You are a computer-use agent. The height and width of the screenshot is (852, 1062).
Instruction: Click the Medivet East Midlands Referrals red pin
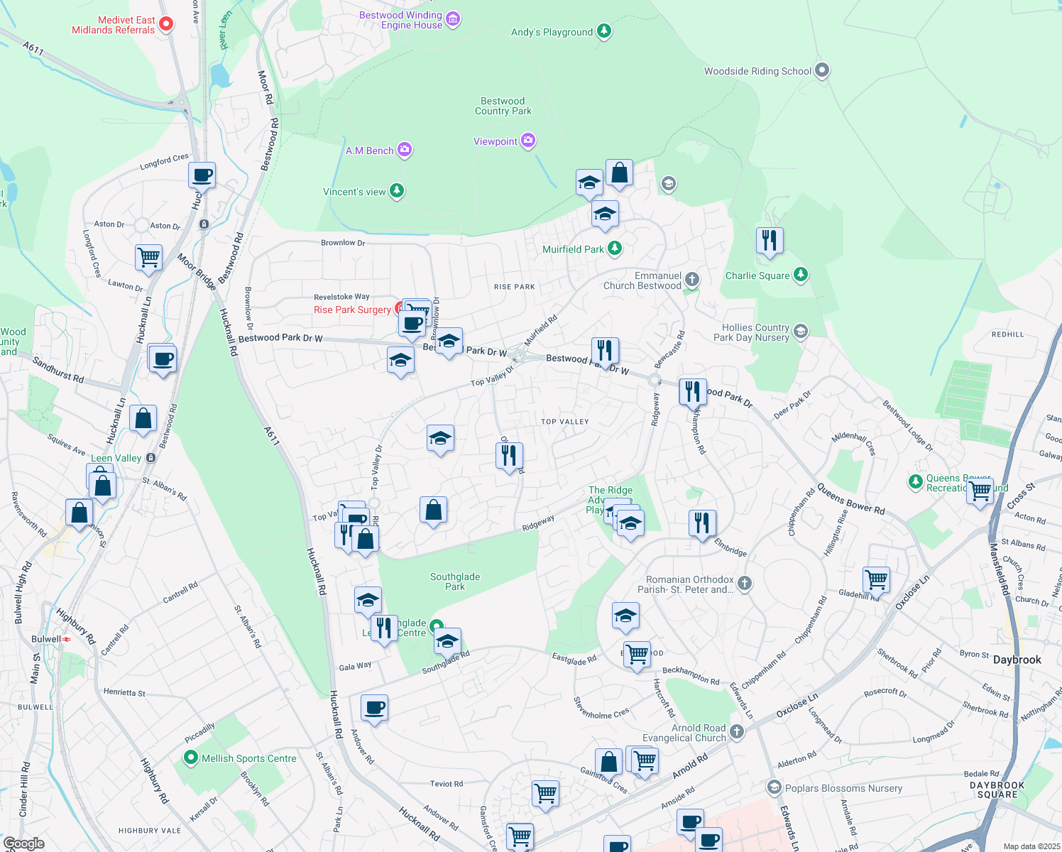(166, 24)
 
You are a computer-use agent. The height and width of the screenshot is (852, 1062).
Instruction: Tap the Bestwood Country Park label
(503, 106)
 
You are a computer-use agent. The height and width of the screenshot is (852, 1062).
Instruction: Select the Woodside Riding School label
(757, 71)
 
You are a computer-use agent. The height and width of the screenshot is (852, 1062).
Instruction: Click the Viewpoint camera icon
(527, 141)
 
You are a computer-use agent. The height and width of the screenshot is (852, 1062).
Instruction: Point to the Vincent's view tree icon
(397, 191)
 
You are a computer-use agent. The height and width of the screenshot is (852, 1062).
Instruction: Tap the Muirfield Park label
(572, 249)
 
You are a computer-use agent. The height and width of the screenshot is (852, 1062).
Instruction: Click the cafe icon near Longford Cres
(202, 175)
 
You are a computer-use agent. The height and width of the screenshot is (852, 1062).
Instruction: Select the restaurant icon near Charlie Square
(770, 241)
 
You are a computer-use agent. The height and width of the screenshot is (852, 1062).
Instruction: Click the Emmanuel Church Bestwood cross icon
(691, 280)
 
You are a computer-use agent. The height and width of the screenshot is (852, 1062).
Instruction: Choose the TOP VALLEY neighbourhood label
(565, 422)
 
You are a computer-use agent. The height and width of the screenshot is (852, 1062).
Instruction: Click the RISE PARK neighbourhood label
(515, 287)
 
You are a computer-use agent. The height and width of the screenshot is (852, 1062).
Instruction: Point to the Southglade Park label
(455, 581)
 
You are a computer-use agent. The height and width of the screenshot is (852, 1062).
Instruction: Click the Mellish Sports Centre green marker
(190, 758)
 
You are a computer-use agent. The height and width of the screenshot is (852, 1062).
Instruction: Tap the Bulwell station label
(46, 639)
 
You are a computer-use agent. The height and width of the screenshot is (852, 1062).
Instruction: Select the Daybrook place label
(1017, 660)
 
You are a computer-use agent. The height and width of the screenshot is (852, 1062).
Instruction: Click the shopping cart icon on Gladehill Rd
(877, 579)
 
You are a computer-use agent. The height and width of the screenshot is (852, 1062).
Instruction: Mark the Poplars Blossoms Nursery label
(843, 788)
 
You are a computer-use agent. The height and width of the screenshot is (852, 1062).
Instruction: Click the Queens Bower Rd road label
(850, 499)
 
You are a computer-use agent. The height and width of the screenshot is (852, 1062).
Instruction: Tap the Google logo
(23, 843)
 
